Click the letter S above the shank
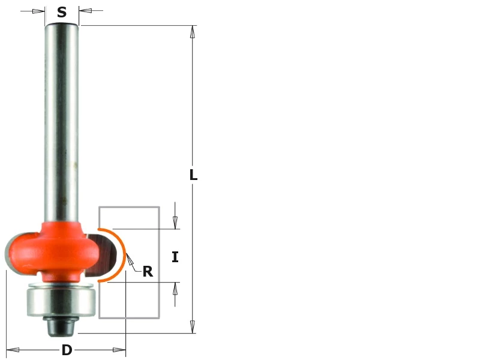[62, 13]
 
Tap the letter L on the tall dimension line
[193, 175]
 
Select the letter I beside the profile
[175, 257]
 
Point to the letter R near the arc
[148, 272]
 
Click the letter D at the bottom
[67, 350]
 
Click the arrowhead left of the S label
[39, 11]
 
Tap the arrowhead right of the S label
[85, 11]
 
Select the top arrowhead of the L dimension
[193, 31]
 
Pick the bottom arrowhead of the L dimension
[193, 327]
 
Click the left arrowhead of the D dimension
[12, 350]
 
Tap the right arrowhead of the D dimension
[119, 350]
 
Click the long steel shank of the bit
[62, 120]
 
